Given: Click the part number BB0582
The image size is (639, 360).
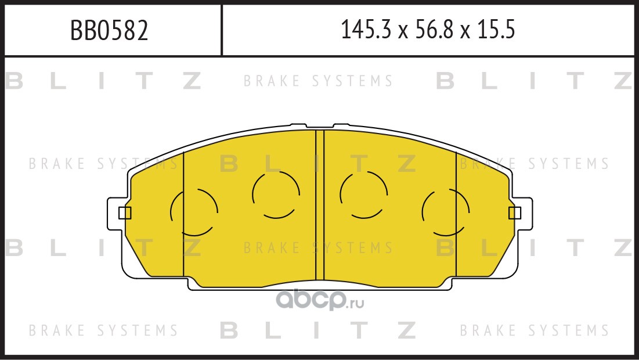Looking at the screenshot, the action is click(109, 30).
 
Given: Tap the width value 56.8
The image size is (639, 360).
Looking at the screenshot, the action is click(435, 30).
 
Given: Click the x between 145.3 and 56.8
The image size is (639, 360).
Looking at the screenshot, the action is click(403, 32).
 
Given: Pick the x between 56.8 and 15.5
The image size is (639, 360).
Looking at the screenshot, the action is click(465, 32).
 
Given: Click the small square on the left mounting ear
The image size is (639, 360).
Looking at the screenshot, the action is click(125, 213).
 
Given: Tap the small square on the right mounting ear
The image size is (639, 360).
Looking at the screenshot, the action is click(515, 213).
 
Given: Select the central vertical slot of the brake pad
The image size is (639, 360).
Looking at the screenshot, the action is click(320, 205).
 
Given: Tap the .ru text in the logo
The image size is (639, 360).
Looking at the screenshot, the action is click(355, 303).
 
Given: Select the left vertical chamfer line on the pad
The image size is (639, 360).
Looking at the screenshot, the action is click(184, 214).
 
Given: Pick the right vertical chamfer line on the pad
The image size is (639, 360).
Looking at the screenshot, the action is click(456, 214).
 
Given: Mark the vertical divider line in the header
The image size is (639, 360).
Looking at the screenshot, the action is click(222, 30).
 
